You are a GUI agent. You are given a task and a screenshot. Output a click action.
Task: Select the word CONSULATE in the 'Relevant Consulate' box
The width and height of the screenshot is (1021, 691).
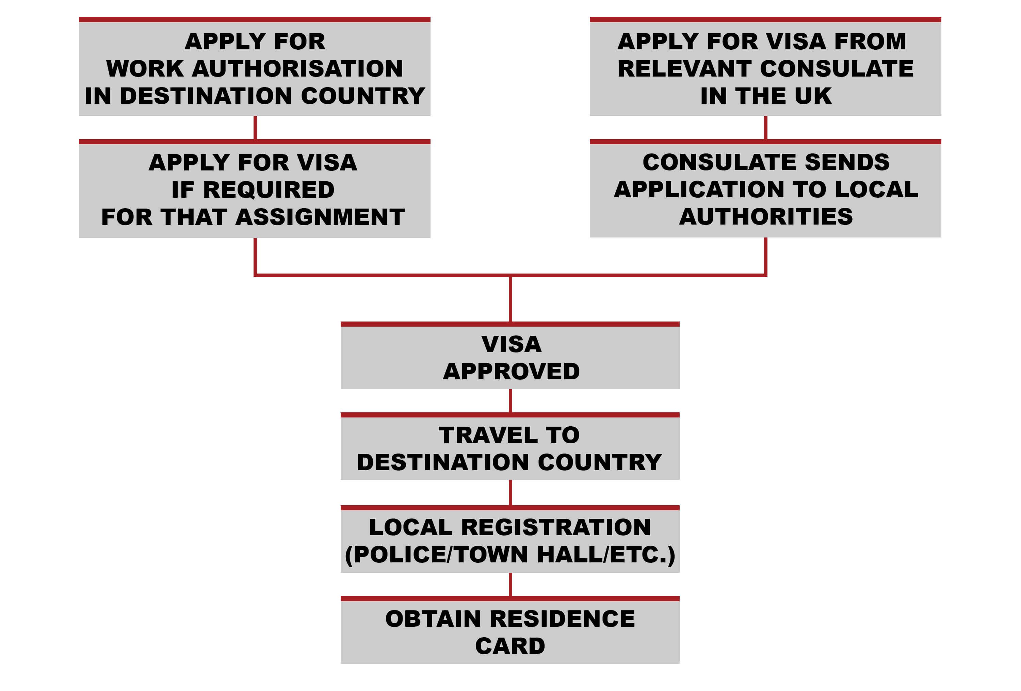pyautogui.click(x=837, y=68)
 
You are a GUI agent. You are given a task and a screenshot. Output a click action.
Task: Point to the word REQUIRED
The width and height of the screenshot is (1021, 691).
pyautogui.click(x=269, y=190)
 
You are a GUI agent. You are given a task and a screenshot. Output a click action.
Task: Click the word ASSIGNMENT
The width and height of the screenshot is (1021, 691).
pyautogui.click(x=320, y=217)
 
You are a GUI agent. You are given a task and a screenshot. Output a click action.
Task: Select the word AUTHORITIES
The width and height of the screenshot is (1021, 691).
pyautogui.click(x=766, y=217)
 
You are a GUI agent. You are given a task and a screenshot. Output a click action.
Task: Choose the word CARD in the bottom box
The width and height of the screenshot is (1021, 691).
pyautogui.click(x=510, y=646)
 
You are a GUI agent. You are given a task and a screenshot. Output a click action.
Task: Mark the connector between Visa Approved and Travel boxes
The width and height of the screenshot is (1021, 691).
pyautogui.click(x=510, y=401)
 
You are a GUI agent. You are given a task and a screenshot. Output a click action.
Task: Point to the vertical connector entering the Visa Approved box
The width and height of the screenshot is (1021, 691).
pyautogui.click(x=510, y=299)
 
